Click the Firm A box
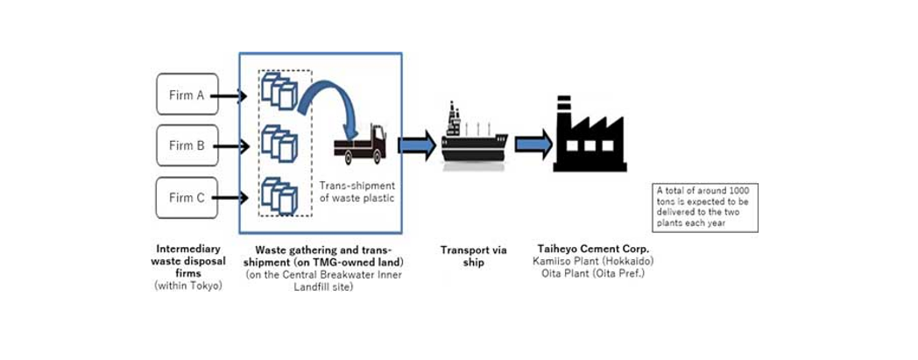[187, 95]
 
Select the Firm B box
[187, 145]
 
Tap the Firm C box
[187, 197]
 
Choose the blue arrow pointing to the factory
[533, 143]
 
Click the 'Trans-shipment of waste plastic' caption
[357, 191]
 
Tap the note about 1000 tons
[707, 207]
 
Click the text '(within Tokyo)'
[187, 286]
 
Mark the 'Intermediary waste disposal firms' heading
[187, 261]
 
